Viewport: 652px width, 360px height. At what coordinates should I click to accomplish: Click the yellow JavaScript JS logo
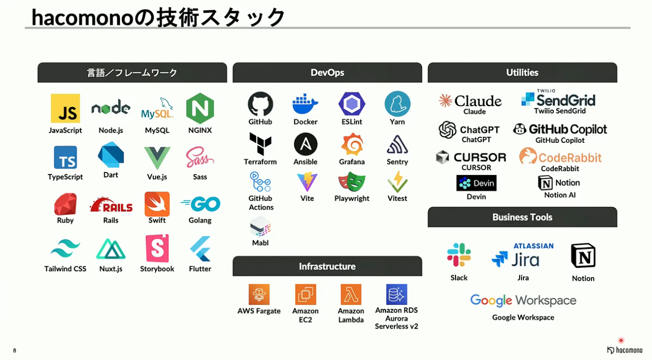[x=65, y=108]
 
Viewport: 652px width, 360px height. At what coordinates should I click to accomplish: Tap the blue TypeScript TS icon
[x=65, y=157]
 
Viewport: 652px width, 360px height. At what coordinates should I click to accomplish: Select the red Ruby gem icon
[x=65, y=204]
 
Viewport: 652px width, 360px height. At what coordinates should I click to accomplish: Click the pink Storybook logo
[x=157, y=248]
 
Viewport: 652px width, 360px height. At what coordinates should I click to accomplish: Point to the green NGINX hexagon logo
[x=200, y=108]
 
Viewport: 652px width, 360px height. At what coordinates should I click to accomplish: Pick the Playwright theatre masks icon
[x=352, y=181]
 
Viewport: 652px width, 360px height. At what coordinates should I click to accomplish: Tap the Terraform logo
[x=260, y=144]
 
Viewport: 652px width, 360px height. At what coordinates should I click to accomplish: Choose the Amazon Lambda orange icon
[x=351, y=294]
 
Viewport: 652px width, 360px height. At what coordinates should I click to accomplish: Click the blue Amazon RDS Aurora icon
[x=396, y=294]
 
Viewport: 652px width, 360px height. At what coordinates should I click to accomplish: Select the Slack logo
[x=458, y=255]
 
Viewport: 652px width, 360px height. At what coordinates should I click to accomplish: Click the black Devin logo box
[x=476, y=183]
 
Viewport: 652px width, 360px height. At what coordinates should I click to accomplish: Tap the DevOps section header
[x=327, y=72]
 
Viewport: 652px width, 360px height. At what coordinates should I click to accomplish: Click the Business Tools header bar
[x=522, y=217]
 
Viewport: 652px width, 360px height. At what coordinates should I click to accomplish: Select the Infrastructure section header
[x=327, y=266]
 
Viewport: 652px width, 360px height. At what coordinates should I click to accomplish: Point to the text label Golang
[x=200, y=220]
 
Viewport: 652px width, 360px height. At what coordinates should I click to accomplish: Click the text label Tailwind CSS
[x=65, y=269]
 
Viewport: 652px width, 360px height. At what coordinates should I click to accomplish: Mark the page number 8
[x=14, y=351]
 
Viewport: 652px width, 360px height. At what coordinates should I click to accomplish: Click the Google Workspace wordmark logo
[x=523, y=300]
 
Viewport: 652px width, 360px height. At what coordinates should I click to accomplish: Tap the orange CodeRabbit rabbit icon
[x=528, y=156]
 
